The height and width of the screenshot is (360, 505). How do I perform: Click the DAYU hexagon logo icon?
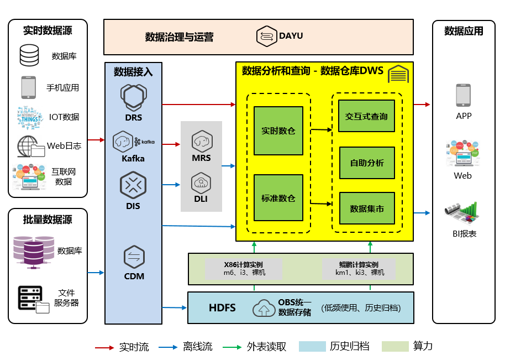[267, 36]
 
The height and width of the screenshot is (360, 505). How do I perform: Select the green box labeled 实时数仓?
[278, 131]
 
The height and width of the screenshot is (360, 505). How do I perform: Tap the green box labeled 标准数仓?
[278, 198]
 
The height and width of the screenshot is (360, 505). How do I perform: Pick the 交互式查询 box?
[366, 116]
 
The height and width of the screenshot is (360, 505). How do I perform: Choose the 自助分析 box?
[366, 163]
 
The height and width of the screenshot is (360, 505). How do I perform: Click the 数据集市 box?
[366, 208]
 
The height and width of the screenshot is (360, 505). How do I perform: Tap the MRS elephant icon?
[202, 142]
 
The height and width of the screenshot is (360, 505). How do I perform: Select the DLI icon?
[202, 182]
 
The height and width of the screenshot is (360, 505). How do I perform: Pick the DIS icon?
[133, 185]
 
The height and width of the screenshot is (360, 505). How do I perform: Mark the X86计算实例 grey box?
[244, 269]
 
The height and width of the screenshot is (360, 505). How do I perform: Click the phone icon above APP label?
[463, 95]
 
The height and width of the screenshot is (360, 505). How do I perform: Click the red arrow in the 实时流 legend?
[104, 347]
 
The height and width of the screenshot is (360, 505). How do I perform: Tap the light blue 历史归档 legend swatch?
[312, 347]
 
